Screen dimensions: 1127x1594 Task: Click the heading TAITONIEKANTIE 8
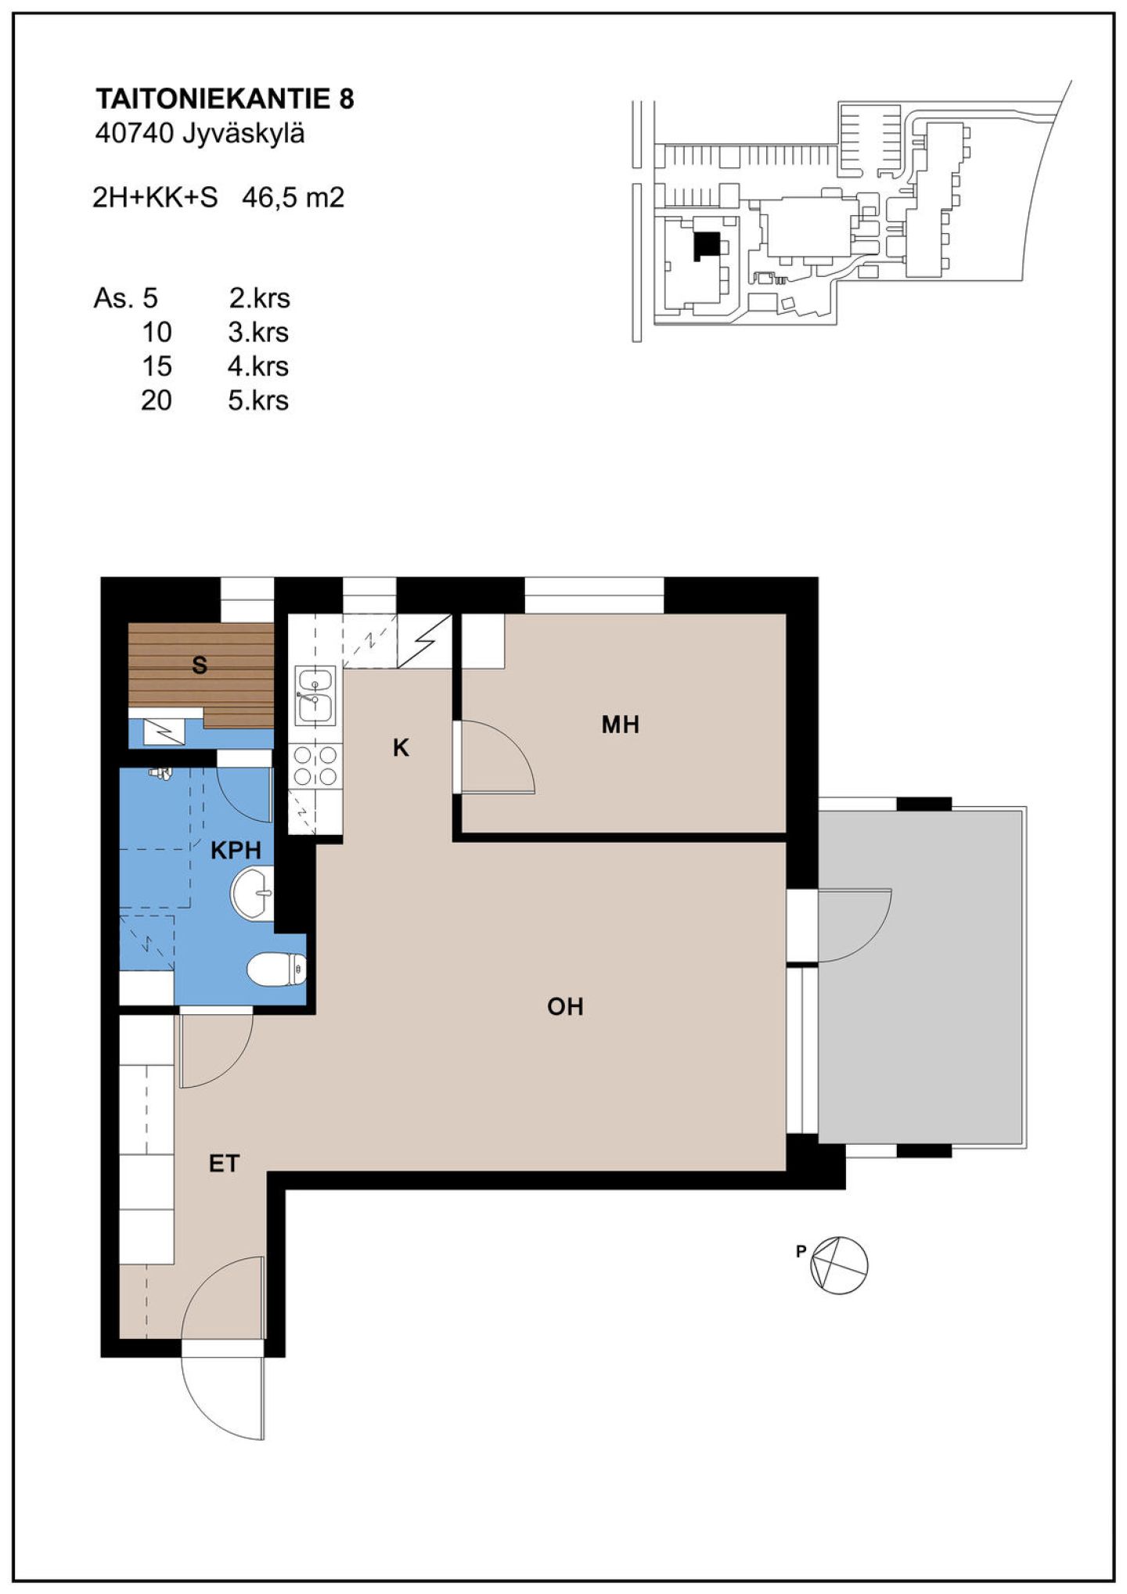[225, 99]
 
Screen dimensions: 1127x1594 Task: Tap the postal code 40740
[133, 135]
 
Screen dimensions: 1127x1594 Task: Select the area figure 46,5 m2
[293, 198]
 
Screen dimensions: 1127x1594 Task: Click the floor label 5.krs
[258, 401]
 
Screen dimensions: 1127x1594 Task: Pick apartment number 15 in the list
[157, 366]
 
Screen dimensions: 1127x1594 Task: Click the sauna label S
[200, 666]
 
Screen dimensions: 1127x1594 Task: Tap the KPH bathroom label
[236, 851]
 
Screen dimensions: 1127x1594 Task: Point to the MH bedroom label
[621, 725]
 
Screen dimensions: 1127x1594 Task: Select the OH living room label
[565, 1006]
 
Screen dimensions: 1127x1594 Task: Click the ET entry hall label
[224, 1164]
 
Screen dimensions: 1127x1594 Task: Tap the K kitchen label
[401, 749]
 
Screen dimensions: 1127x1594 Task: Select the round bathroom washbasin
[253, 892]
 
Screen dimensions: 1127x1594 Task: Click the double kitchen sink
[315, 695]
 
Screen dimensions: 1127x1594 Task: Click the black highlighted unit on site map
[707, 246]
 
